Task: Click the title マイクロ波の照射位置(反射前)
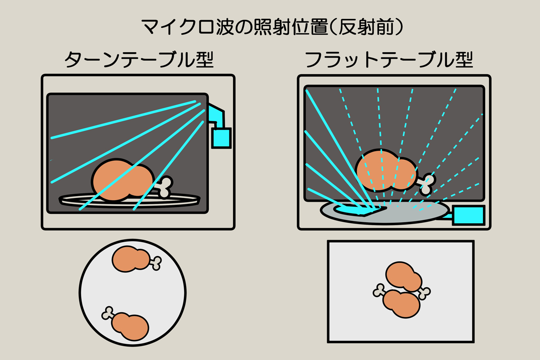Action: [x=270, y=27]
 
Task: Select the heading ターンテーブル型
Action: [x=138, y=60]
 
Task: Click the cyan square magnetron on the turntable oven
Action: [x=221, y=138]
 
